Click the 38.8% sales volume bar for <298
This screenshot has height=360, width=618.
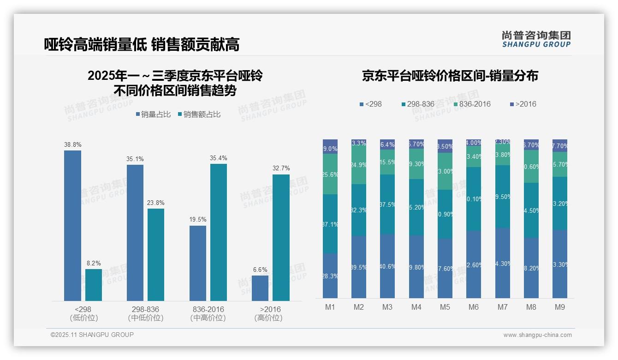tap(72, 226)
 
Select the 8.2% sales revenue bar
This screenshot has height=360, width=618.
tap(94, 285)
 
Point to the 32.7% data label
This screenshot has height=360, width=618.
tap(281, 168)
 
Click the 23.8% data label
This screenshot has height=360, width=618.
tap(156, 203)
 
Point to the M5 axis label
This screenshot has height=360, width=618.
tap(445, 307)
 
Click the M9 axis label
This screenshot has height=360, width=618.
tap(559, 307)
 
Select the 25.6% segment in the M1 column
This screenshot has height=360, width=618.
tap(330, 174)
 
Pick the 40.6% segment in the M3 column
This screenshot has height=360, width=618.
tap(387, 266)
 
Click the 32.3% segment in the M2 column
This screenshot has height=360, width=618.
tap(359, 210)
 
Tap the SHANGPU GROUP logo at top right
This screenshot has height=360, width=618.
tap(536, 39)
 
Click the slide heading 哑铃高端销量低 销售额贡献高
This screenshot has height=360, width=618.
tap(142, 44)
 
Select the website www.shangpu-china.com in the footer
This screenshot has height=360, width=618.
tap(537, 335)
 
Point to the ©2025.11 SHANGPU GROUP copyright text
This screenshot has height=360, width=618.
tap(92, 335)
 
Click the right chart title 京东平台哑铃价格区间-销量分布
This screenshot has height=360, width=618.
tap(450, 76)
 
